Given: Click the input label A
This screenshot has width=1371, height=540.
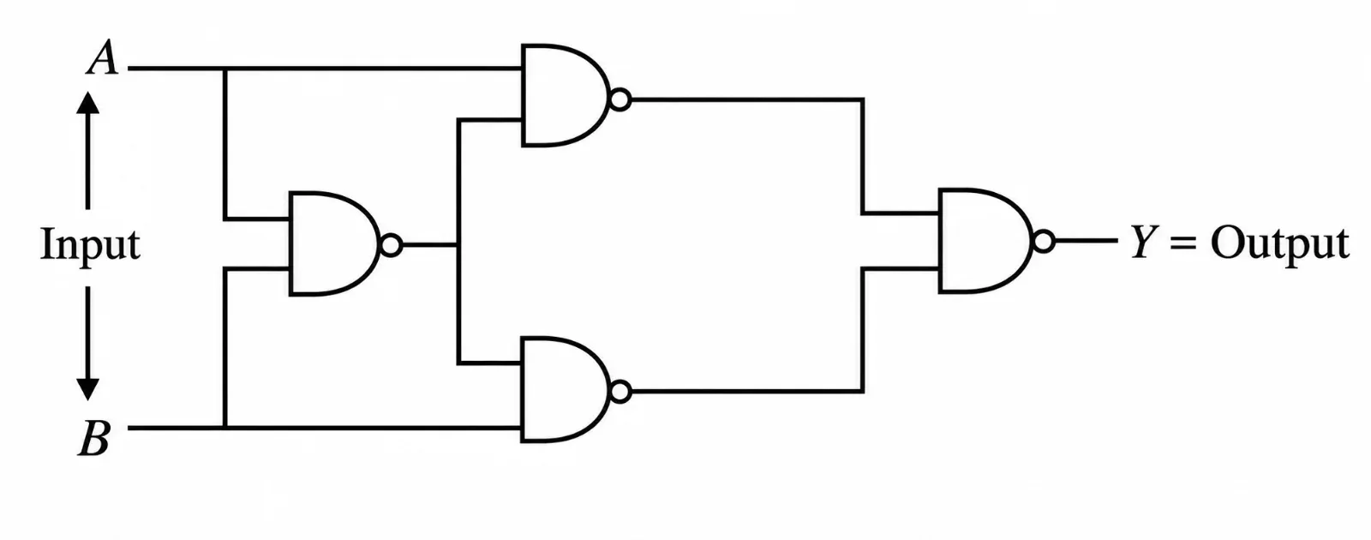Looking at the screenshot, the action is click(x=102, y=57).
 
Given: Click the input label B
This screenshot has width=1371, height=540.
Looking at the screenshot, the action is click(x=95, y=438).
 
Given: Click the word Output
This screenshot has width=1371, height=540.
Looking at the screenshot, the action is click(x=1280, y=243).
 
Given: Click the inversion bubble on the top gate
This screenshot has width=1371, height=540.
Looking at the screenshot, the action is click(x=620, y=99).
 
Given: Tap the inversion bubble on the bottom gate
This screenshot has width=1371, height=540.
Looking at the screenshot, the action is click(x=620, y=391).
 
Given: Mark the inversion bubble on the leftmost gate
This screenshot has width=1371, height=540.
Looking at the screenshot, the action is click(x=391, y=245).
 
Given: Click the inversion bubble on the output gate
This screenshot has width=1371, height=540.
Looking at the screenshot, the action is click(x=1044, y=241).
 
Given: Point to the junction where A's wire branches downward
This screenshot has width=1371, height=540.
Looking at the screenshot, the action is click(x=225, y=69).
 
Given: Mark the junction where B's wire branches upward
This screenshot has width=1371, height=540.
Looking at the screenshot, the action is click(x=225, y=428).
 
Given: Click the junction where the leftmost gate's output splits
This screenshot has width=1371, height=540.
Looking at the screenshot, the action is click(x=458, y=245).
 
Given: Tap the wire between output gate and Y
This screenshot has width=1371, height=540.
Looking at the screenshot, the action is click(x=1087, y=241).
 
